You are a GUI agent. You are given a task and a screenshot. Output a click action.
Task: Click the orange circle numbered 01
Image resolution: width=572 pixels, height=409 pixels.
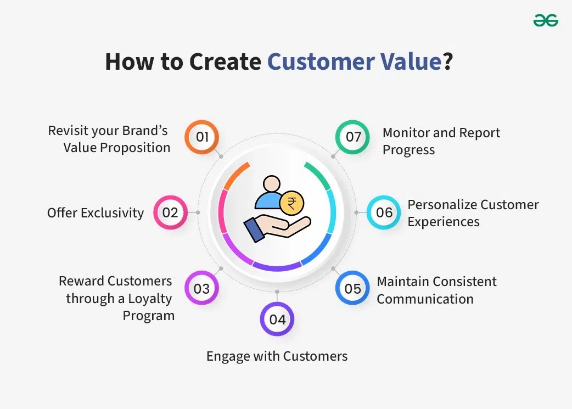coord(201,137)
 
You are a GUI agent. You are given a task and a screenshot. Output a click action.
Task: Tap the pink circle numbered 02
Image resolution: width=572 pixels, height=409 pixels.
coord(170,212)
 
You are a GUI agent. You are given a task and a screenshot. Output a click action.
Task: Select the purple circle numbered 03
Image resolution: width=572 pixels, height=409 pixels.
coord(201,288)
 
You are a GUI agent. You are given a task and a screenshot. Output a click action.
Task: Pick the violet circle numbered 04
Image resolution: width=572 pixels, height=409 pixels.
coord(277,319)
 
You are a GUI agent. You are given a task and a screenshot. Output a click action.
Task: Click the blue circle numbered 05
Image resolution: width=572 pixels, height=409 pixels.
coord(352,288)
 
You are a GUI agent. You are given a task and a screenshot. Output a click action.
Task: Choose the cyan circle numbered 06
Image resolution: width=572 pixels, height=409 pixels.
coord(384,212)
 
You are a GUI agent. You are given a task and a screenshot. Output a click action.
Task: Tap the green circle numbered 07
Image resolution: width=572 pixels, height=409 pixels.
coord(352,137)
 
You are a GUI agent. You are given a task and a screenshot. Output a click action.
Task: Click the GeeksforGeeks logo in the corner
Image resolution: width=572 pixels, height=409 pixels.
coord(546,20)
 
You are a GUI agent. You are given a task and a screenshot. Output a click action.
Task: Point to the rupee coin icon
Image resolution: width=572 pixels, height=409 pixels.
coord(290,204)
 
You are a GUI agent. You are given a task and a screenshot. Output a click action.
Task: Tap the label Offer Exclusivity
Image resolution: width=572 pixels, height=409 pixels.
coord(96,213)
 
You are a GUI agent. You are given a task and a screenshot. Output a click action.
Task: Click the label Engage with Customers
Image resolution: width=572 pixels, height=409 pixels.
coord(277,356)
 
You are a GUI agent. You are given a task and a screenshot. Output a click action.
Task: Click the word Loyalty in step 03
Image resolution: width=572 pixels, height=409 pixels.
coord(150,299)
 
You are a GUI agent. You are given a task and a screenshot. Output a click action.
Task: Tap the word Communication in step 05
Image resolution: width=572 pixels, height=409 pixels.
coord(425,299)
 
